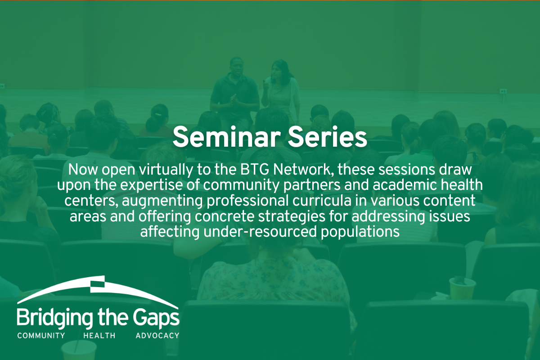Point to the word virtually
166,171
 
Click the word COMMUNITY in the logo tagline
41,336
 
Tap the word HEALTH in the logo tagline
99,336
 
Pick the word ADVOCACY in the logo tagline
157,336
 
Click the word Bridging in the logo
55,318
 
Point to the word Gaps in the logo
156,318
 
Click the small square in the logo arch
97,284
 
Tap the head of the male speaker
237,66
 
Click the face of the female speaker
276,70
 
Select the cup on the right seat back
462,288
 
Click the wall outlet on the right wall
503,91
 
